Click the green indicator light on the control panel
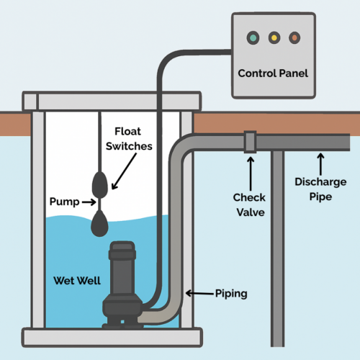253,37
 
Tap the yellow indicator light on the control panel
273,37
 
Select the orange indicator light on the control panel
293,37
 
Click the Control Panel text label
273,74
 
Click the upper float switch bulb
101,186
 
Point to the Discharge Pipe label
315,188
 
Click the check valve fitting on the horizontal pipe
249,142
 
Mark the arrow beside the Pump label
87,203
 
